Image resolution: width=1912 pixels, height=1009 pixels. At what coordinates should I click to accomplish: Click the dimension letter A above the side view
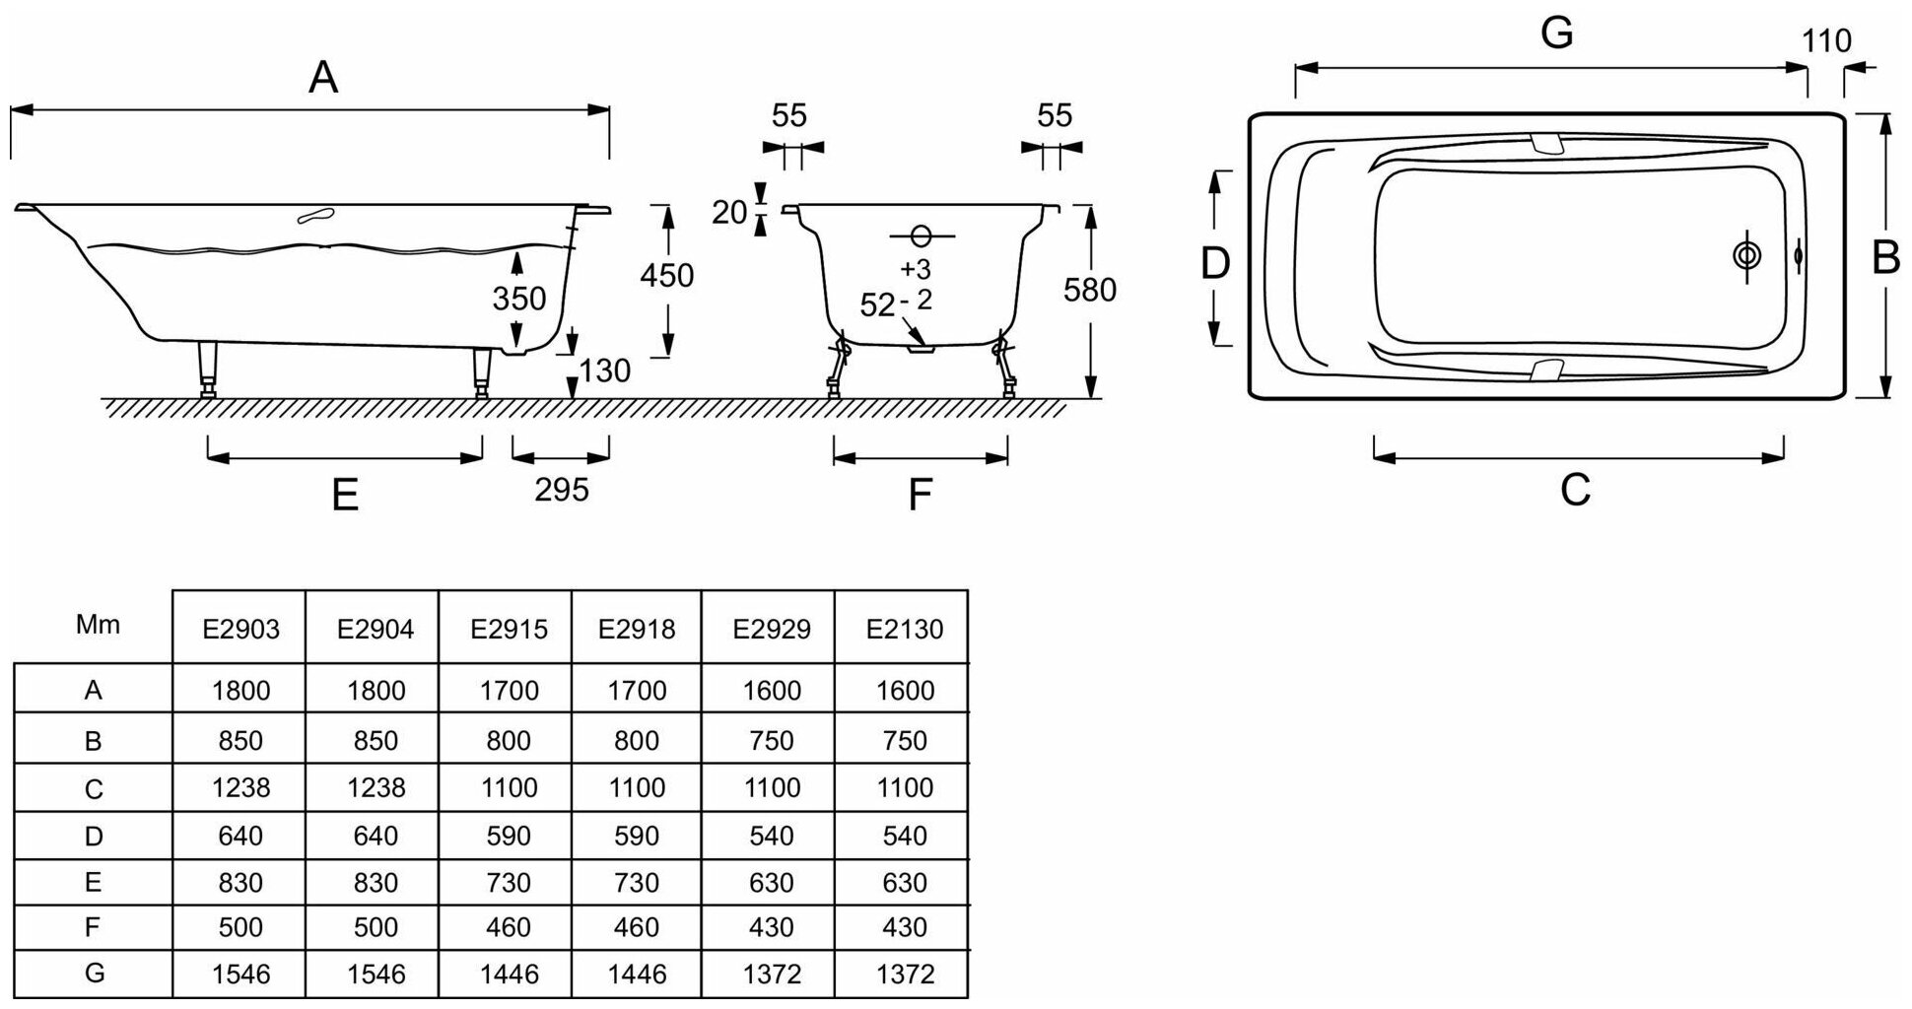point(323,77)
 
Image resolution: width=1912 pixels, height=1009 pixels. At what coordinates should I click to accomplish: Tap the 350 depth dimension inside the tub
point(519,298)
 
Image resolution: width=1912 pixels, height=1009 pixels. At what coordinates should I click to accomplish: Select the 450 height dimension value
point(667,275)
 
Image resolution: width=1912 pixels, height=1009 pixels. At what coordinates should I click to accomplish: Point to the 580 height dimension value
point(1090,290)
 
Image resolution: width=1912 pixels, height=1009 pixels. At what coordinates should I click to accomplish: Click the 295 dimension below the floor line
point(562,489)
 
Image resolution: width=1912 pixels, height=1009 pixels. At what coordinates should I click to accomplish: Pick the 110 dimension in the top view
point(1826,41)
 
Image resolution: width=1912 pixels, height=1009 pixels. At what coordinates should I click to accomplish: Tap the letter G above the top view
point(1556,34)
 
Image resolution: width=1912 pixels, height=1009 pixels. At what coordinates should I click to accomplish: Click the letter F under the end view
point(920,495)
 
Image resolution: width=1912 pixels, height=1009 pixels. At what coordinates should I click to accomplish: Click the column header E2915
point(509,629)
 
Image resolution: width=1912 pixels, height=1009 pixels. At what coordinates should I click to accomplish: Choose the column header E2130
point(905,629)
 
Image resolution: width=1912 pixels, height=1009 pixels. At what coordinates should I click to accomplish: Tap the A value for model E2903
point(241,691)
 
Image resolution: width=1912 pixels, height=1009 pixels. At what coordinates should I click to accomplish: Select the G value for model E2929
point(772,975)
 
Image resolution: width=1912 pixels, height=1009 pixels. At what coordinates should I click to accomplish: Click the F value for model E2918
point(637,927)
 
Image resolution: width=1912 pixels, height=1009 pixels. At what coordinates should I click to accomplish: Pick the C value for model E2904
point(376,787)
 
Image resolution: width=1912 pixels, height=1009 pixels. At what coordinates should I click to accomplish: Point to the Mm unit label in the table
point(98,625)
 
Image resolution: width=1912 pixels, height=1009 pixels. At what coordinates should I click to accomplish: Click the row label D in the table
point(94,837)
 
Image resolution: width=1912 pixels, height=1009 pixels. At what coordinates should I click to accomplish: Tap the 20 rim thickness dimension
point(729,212)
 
